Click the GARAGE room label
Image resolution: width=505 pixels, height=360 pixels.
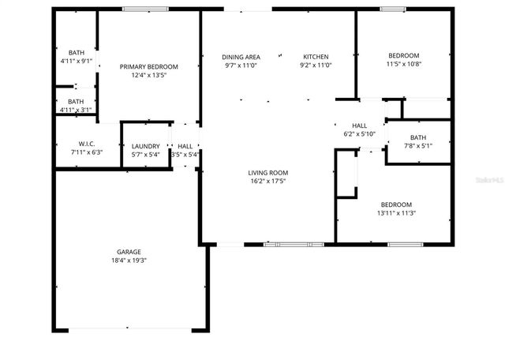click(x=129, y=252)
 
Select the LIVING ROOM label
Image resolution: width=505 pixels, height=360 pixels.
click(x=268, y=173)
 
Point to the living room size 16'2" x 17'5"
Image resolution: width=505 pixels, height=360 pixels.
click(x=268, y=181)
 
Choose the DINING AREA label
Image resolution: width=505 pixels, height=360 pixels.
click(x=241, y=57)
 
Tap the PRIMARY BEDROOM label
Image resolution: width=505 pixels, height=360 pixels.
click(x=148, y=67)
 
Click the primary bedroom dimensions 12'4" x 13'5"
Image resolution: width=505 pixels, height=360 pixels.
click(x=148, y=75)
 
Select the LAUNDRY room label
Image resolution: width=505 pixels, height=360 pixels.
click(x=146, y=146)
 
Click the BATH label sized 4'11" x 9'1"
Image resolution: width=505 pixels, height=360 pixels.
click(x=76, y=52)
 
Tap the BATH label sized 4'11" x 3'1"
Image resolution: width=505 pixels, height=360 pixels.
click(x=76, y=102)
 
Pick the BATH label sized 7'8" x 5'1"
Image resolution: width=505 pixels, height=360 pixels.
click(x=417, y=137)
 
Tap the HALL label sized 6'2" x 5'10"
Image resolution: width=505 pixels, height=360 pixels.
click(x=359, y=126)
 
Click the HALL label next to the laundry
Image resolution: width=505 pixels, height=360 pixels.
click(x=185, y=146)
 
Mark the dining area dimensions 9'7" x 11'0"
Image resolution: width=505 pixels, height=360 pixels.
click(x=241, y=66)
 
